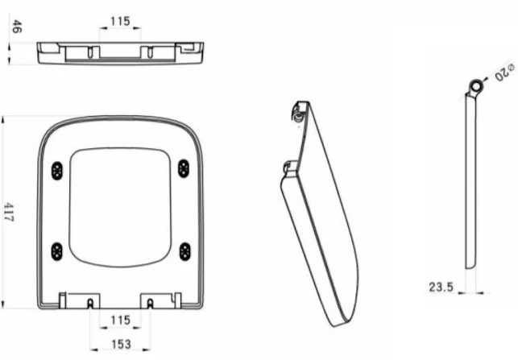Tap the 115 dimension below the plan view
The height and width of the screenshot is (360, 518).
[120, 320]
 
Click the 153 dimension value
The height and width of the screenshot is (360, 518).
[120, 344]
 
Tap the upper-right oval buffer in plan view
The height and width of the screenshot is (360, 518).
[184, 168]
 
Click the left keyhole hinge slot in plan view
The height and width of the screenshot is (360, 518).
[89, 303]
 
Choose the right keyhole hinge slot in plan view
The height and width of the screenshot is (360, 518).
[151, 303]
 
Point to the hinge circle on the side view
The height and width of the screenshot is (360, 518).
[478, 85]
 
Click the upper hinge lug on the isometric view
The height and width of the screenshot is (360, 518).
[300, 112]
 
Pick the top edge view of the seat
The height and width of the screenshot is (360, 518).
[120, 52]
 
